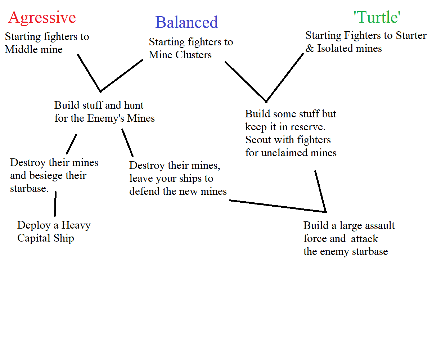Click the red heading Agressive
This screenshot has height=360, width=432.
point(42,17)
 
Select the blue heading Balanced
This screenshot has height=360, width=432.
point(186,22)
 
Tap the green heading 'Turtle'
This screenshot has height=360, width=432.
point(377,17)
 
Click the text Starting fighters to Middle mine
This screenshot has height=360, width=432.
point(47,43)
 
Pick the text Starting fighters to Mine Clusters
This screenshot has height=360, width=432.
point(191,48)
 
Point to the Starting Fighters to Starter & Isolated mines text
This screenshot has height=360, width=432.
point(366,42)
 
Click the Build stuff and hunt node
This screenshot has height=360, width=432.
point(104,112)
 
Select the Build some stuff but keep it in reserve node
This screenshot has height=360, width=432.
point(291,133)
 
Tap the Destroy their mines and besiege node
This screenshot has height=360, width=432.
point(54,175)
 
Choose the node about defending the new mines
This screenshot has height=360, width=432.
point(178,179)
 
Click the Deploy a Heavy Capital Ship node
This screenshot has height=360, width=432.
point(54,231)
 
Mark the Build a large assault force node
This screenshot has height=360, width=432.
point(349,238)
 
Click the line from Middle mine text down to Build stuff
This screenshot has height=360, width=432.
point(89,73)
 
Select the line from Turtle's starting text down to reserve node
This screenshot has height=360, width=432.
point(284,78)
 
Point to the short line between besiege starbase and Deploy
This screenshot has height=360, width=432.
point(55,204)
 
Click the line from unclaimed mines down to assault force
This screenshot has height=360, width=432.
point(320,191)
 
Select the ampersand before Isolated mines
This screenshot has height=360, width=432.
point(310,48)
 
